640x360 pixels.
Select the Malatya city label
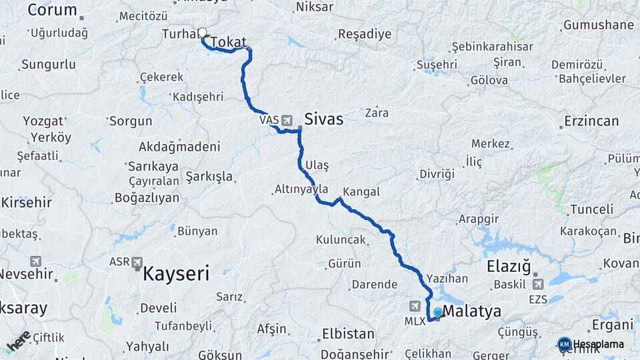coord(471,311)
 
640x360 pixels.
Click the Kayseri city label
coord(176,273)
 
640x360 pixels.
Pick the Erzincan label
coord(591,121)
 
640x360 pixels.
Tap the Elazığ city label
coord(509,267)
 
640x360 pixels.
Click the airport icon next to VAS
coord(287,120)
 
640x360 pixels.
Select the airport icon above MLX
coord(415,305)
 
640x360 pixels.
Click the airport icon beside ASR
coord(137,262)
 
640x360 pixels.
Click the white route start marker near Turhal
coord(202,32)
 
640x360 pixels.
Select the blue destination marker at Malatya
coord(437,312)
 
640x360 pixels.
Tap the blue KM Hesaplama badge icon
coord(564,344)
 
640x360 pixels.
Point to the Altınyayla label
coord(301,189)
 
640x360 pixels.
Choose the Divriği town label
coord(437,174)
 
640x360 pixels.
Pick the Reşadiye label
coord(365,34)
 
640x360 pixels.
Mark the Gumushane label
coord(598,25)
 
